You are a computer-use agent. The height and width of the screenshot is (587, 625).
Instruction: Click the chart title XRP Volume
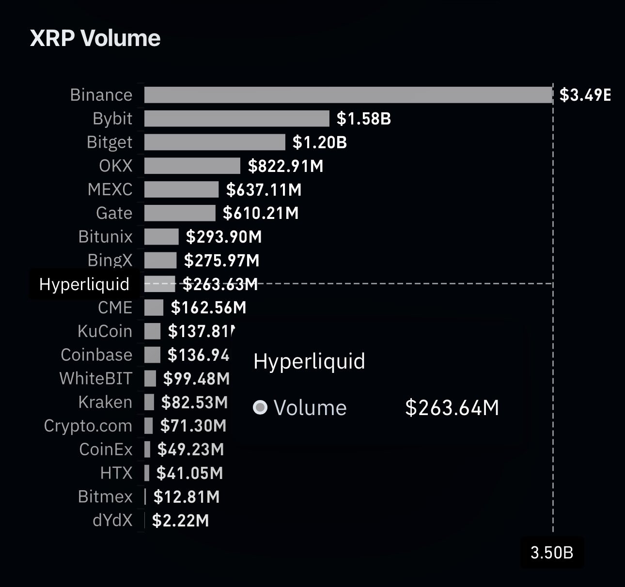(95, 38)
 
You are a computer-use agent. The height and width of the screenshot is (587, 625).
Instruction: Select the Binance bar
(348, 95)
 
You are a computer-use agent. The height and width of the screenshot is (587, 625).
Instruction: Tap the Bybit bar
(236, 119)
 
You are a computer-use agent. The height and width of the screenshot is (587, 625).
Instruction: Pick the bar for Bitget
(215, 142)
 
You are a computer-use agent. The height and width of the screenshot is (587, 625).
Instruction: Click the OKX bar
(192, 166)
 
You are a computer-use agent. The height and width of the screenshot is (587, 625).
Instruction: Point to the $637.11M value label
(264, 189)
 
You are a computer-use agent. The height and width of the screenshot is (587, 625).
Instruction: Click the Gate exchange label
(114, 213)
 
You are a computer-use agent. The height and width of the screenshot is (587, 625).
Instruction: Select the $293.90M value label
(224, 237)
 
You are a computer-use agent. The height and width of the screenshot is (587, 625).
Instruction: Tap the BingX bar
(160, 261)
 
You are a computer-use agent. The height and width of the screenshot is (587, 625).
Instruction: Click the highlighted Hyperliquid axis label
(84, 284)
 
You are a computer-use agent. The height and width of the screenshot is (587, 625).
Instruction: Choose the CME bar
(154, 308)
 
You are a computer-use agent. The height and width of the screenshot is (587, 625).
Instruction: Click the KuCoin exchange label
(105, 331)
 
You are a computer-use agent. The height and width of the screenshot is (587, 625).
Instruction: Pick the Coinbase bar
(152, 355)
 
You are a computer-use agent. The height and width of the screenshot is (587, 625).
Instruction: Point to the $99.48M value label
(196, 378)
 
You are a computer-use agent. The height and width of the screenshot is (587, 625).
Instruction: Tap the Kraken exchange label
(105, 402)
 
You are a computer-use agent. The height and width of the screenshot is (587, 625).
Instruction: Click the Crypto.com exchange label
(88, 426)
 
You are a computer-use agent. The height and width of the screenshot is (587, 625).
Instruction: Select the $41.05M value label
(189, 473)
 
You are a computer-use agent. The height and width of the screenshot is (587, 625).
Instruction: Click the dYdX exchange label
(112, 520)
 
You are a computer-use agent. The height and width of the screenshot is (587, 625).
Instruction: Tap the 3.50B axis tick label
(552, 552)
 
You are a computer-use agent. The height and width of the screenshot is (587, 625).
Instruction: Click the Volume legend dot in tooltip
(260, 408)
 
